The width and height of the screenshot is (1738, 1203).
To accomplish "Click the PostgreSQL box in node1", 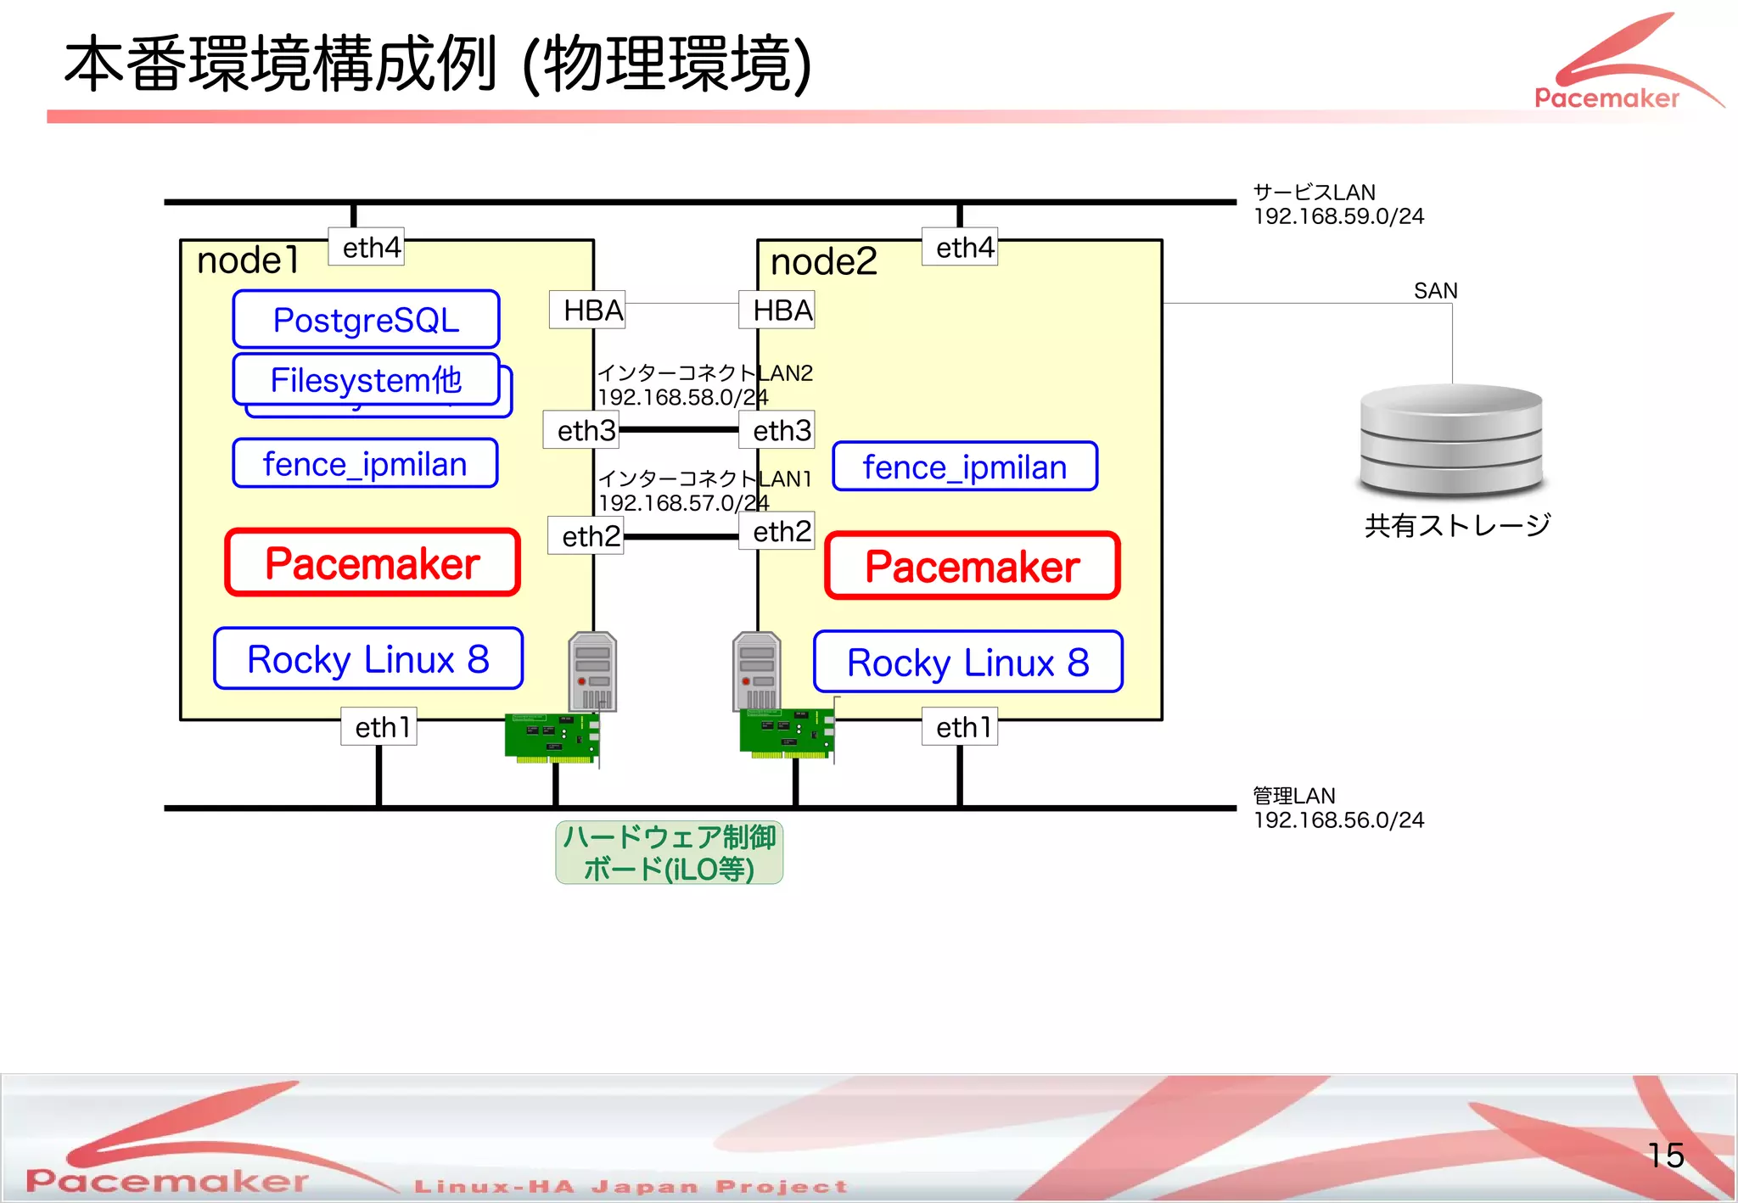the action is pos(366,320).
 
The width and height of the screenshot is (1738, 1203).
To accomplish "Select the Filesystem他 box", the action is pos(366,380).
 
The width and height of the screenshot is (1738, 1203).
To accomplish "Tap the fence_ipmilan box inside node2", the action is pos(965,467).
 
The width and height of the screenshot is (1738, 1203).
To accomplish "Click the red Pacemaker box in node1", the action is pos(373,563).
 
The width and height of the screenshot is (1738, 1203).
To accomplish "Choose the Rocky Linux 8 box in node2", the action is pos(967,662).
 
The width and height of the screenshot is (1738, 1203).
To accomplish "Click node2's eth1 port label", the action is pos(960,727).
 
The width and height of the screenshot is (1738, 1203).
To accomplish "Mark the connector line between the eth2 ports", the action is pos(681,536).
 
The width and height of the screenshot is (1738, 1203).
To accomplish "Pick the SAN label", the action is pos(1436,291).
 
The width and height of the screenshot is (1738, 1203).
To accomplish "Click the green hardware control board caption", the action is pos(669,853).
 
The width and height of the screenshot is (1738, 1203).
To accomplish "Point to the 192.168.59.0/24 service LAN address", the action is pos(1338,217).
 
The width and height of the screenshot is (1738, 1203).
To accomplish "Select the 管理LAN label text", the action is pos(1294,796).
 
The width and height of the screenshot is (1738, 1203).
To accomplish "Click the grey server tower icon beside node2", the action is pos(755,670).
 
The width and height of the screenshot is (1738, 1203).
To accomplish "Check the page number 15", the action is pos(1665,1155).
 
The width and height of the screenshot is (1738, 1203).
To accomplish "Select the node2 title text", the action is pos(823,262).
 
